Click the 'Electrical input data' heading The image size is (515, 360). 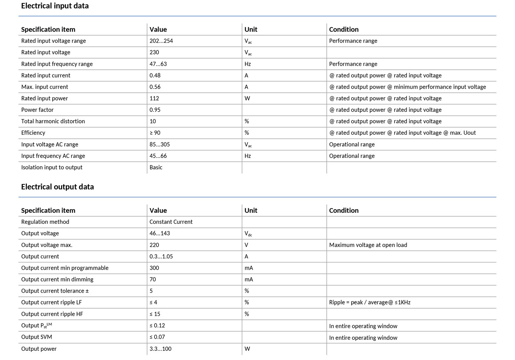pos(55,6)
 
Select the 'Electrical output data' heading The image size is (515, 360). pos(57,187)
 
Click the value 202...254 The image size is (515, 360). pos(161,41)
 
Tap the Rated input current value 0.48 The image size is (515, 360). pos(155,75)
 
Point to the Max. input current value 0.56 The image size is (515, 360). pos(155,87)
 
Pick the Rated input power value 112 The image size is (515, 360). pos(154,98)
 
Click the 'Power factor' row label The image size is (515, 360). pos(37,110)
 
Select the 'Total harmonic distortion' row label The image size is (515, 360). pos(53,121)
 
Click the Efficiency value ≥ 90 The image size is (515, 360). pos(155,133)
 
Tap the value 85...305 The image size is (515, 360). pos(160,144)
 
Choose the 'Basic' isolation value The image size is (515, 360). pos(156,167)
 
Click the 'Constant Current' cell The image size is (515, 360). pos(171,222)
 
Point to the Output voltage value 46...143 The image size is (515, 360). pos(160,233)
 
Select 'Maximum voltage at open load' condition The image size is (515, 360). pos(368,245)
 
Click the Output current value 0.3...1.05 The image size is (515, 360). pos(161,257)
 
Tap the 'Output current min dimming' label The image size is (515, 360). pos(57,279)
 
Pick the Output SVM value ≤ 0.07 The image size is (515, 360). pos(157,337)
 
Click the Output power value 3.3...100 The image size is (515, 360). pos(160,349)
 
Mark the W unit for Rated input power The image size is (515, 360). pos(247,98)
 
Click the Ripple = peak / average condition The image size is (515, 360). pos(370,303)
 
